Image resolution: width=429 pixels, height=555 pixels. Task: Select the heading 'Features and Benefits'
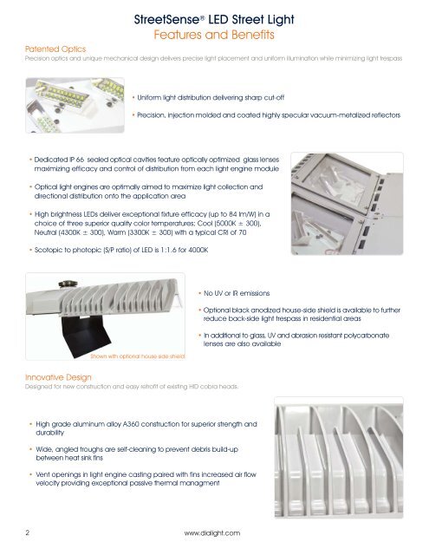point(214,35)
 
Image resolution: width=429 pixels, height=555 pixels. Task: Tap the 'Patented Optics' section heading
point(55,49)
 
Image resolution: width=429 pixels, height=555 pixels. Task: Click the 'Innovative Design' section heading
point(58,377)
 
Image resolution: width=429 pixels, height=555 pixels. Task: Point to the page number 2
point(28,532)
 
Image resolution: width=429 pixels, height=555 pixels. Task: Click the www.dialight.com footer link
point(211,532)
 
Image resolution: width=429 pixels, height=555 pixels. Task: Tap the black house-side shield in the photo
point(84,335)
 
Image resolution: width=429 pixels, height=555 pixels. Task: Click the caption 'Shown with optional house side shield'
point(138,356)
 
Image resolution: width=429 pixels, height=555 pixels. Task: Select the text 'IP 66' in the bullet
point(76,160)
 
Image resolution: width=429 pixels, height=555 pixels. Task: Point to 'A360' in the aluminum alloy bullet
point(131,424)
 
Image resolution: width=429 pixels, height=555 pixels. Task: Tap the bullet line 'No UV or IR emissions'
point(237,293)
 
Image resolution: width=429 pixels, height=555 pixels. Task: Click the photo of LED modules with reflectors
point(75,105)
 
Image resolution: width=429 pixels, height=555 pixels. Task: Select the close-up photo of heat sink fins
point(339,458)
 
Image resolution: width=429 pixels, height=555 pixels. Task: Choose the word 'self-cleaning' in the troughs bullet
point(137,449)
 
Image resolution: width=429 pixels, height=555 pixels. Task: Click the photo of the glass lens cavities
point(347,204)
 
